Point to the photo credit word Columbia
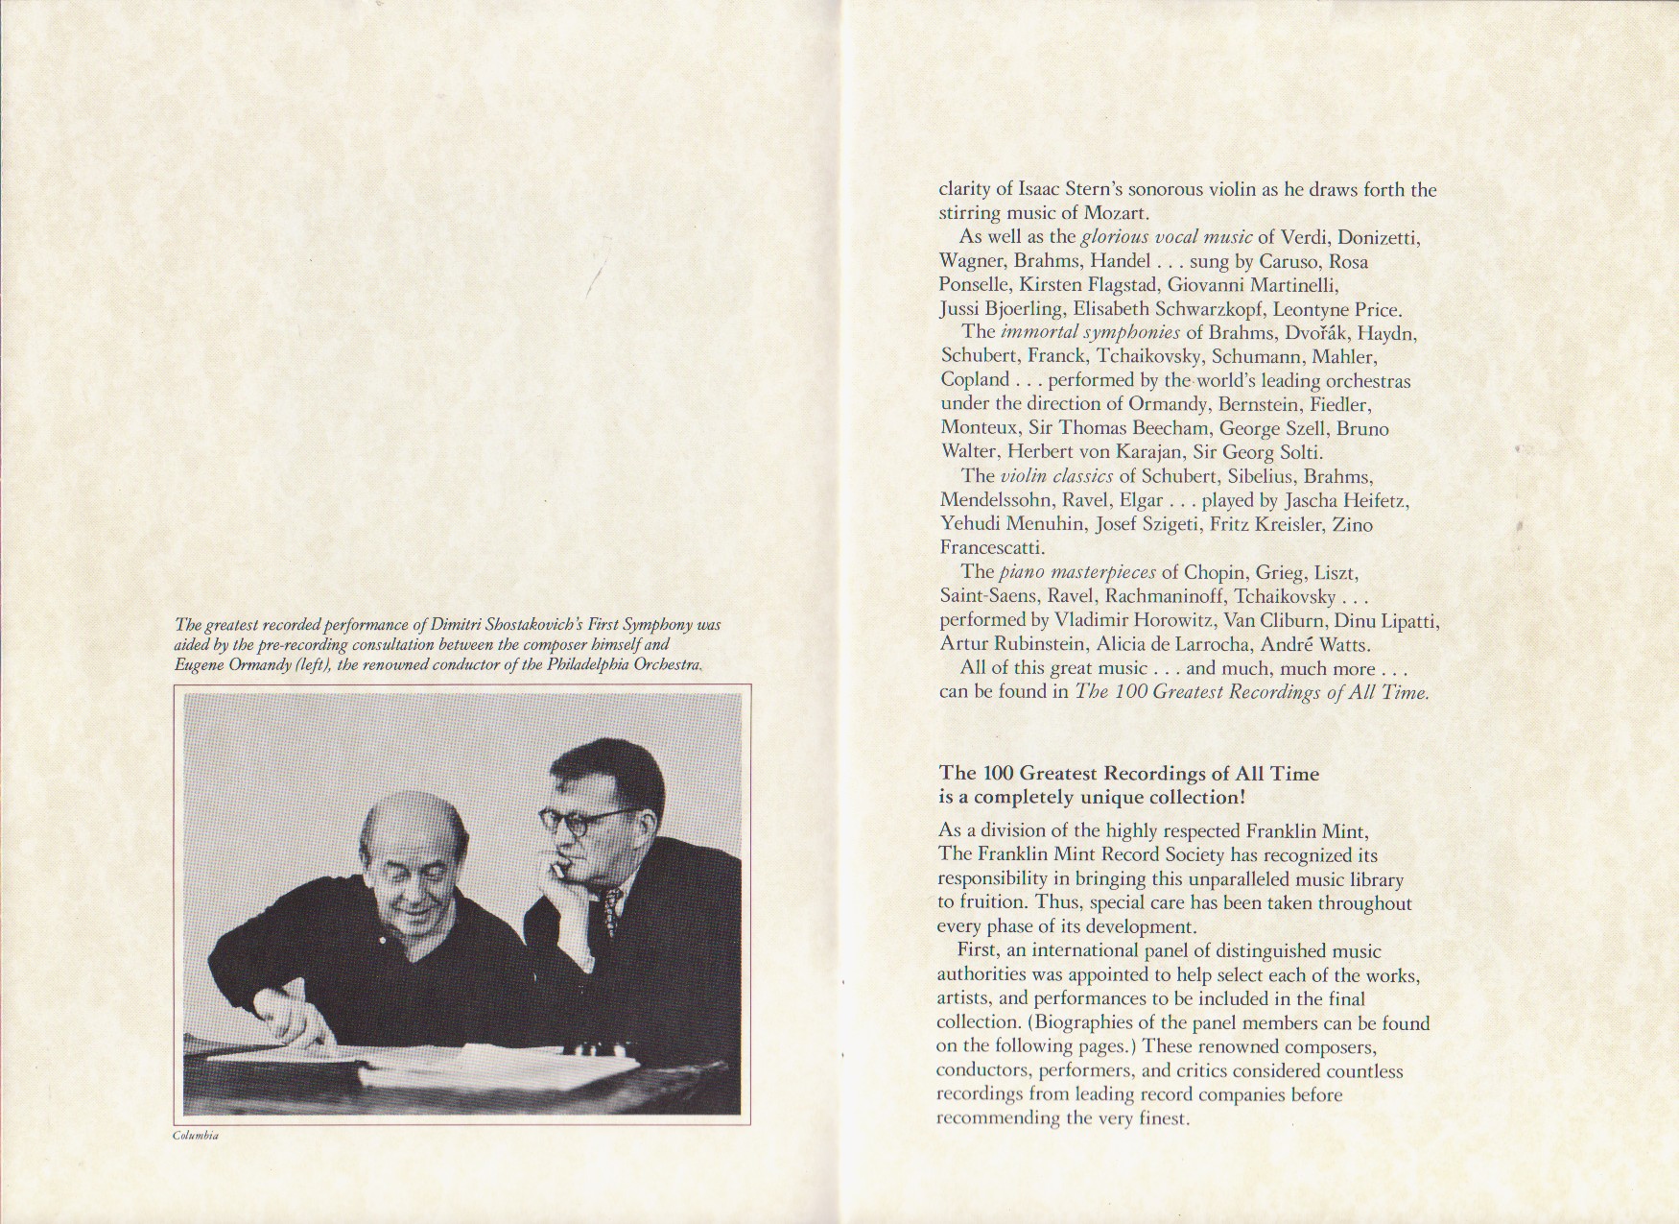coord(197,1136)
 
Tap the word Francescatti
coord(991,548)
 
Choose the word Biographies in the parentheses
coord(1077,1023)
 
